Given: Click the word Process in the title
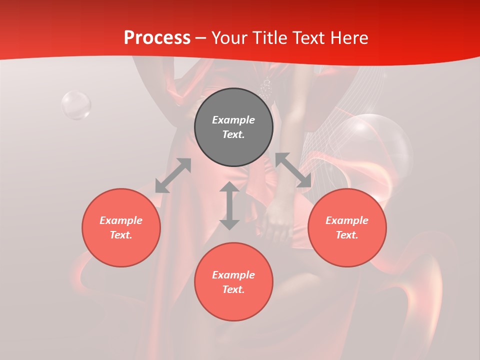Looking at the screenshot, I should coord(157,38).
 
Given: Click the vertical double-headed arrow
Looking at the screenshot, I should coord(229,206).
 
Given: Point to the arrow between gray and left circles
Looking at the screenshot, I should coord(173,175).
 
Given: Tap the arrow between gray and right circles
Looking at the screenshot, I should coord(293,170).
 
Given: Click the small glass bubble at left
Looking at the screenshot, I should coord(76,105).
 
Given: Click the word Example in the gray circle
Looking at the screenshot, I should coord(233,120).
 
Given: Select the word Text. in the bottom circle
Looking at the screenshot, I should coord(233,289).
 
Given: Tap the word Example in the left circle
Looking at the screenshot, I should coord(121,220).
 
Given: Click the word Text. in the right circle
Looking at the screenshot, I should coord(347,235).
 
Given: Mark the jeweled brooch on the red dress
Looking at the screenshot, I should coord(265,88).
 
